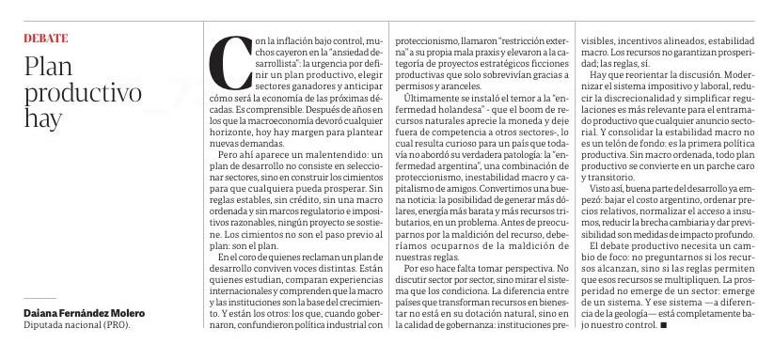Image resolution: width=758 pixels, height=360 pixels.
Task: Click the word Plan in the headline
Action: click(47, 69)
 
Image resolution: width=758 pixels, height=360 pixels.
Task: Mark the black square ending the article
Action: click(664, 325)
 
